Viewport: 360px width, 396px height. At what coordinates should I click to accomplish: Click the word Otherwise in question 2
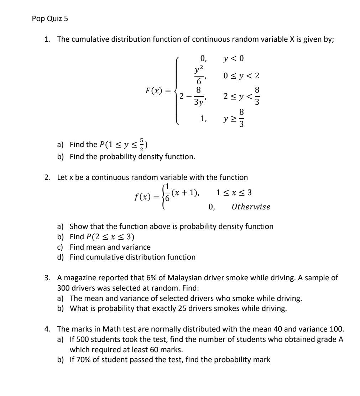coord(251,207)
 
